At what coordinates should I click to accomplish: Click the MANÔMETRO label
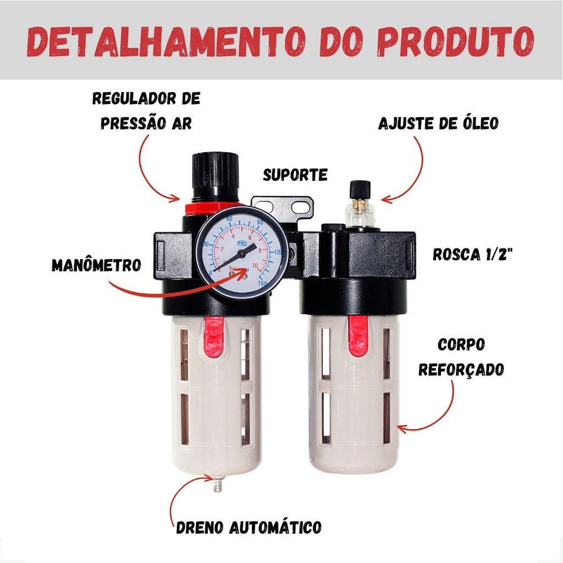pyautogui.click(x=97, y=266)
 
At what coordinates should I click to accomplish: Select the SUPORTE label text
pyautogui.click(x=295, y=175)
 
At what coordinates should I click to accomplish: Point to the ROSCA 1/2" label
pyautogui.click(x=472, y=254)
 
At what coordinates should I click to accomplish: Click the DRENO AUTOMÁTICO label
pyautogui.click(x=249, y=527)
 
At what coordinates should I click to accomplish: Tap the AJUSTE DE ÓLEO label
pyautogui.click(x=438, y=123)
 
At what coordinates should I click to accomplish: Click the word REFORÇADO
pyautogui.click(x=461, y=369)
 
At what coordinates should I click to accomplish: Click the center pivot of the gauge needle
pyautogui.click(x=242, y=253)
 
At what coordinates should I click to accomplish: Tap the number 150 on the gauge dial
pyautogui.click(x=263, y=284)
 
